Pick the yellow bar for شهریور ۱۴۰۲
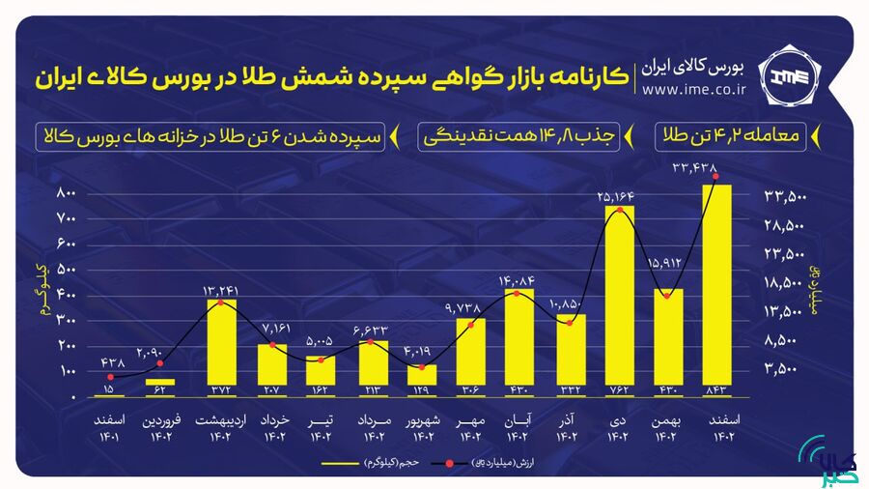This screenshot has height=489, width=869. point(421,381)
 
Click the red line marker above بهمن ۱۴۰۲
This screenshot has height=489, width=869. point(667,295)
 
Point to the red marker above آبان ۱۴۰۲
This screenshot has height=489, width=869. point(519,291)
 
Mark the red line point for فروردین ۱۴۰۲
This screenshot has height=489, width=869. point(159,363)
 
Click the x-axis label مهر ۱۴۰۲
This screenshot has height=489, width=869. point(470,429)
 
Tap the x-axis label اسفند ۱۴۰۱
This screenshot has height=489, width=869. point(109,429)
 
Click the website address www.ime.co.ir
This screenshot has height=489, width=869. point(694,90)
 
